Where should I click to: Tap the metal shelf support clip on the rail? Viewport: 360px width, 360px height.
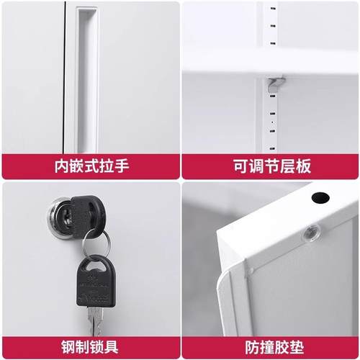[x=275, y=85]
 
